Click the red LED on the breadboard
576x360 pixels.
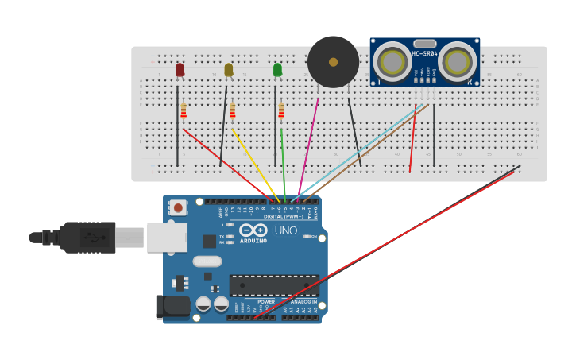point(180,71)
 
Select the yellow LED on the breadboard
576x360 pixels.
point(229,71)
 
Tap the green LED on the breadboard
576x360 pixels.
point(277,71)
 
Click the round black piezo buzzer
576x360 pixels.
point(333,62)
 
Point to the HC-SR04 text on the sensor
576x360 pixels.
point(425,54)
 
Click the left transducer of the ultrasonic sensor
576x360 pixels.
point(392,61)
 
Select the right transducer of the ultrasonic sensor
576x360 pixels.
point(458,61)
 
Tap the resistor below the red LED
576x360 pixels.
point(184,110)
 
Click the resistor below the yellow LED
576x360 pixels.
point(232,110)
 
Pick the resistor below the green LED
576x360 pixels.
point(280,110)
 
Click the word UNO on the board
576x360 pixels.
point(286,230)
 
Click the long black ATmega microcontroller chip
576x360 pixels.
point(274,285)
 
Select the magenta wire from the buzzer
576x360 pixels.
point(309,143)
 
